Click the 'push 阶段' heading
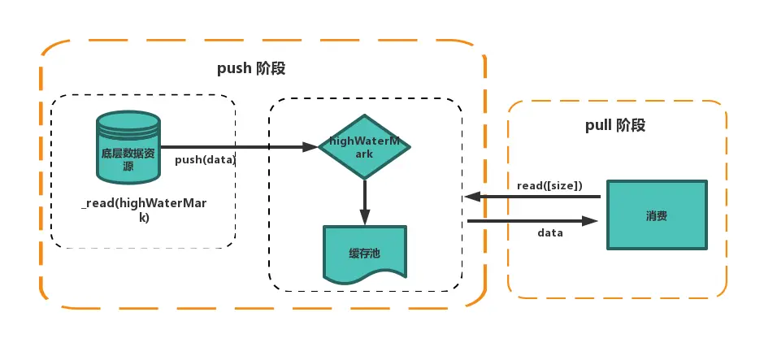[251, 67]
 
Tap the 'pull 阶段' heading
[615, 125]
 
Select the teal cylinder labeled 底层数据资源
[128, 146]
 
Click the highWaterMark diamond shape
[364, 146]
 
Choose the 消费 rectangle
[657, 215]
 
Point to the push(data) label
[205, 160]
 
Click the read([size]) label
[549, 186]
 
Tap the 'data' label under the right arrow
[550, 232]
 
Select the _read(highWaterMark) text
[144, 210]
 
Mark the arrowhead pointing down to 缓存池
[365, 217]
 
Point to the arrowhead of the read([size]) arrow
[473, 197]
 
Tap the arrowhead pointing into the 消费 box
[590, 221]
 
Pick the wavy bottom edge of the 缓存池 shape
[365, 280]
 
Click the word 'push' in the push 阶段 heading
[235, 68]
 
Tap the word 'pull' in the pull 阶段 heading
[598, 125]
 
